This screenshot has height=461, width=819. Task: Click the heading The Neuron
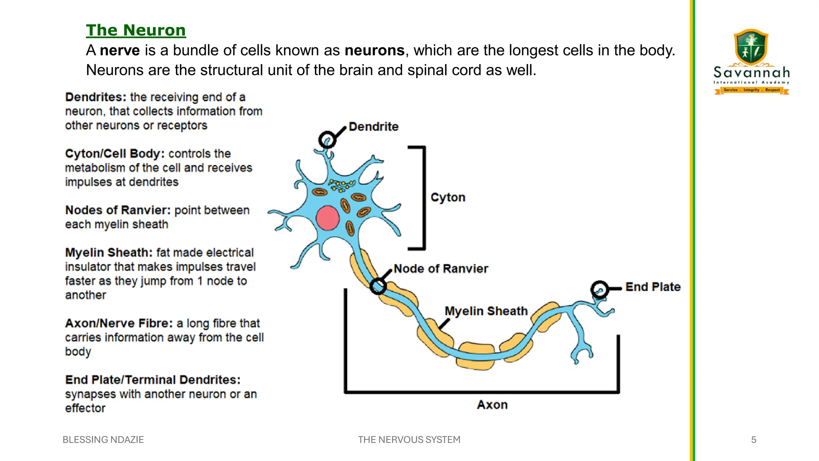click(x=136, y=30)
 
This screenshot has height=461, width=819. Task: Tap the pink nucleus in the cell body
click(x=328, y=218)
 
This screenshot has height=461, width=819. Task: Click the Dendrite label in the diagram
click(x=374, y=126)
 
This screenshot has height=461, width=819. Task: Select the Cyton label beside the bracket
click(x=448, y=197)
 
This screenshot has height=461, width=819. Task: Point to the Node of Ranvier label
click(x=441, y=269)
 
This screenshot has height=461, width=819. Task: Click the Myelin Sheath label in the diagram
click(x=486, y=311)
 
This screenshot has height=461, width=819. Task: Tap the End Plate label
click(x=653, y=287)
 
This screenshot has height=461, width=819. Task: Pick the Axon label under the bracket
click(x=492, y=405)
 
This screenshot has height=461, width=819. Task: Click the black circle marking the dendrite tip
click(x=327, y=140)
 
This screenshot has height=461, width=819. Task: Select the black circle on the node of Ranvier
click(x=378, y=286)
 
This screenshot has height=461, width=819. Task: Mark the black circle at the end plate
click(x=599, y=289)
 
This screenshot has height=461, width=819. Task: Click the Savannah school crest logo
click(x=751, y=47)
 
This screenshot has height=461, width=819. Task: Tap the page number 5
click(x=753, y=440)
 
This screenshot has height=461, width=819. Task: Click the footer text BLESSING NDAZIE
click(x=103, y=440)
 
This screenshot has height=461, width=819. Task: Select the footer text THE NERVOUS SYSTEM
click(x=409, y=440)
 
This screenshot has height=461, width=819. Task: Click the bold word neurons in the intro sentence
click(x=374, y=50)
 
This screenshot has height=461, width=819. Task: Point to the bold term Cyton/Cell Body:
click(x=115, y=154)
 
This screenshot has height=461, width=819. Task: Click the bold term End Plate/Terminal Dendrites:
click(x=153, y=380)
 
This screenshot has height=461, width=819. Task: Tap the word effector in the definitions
click(x=85, y=408)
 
